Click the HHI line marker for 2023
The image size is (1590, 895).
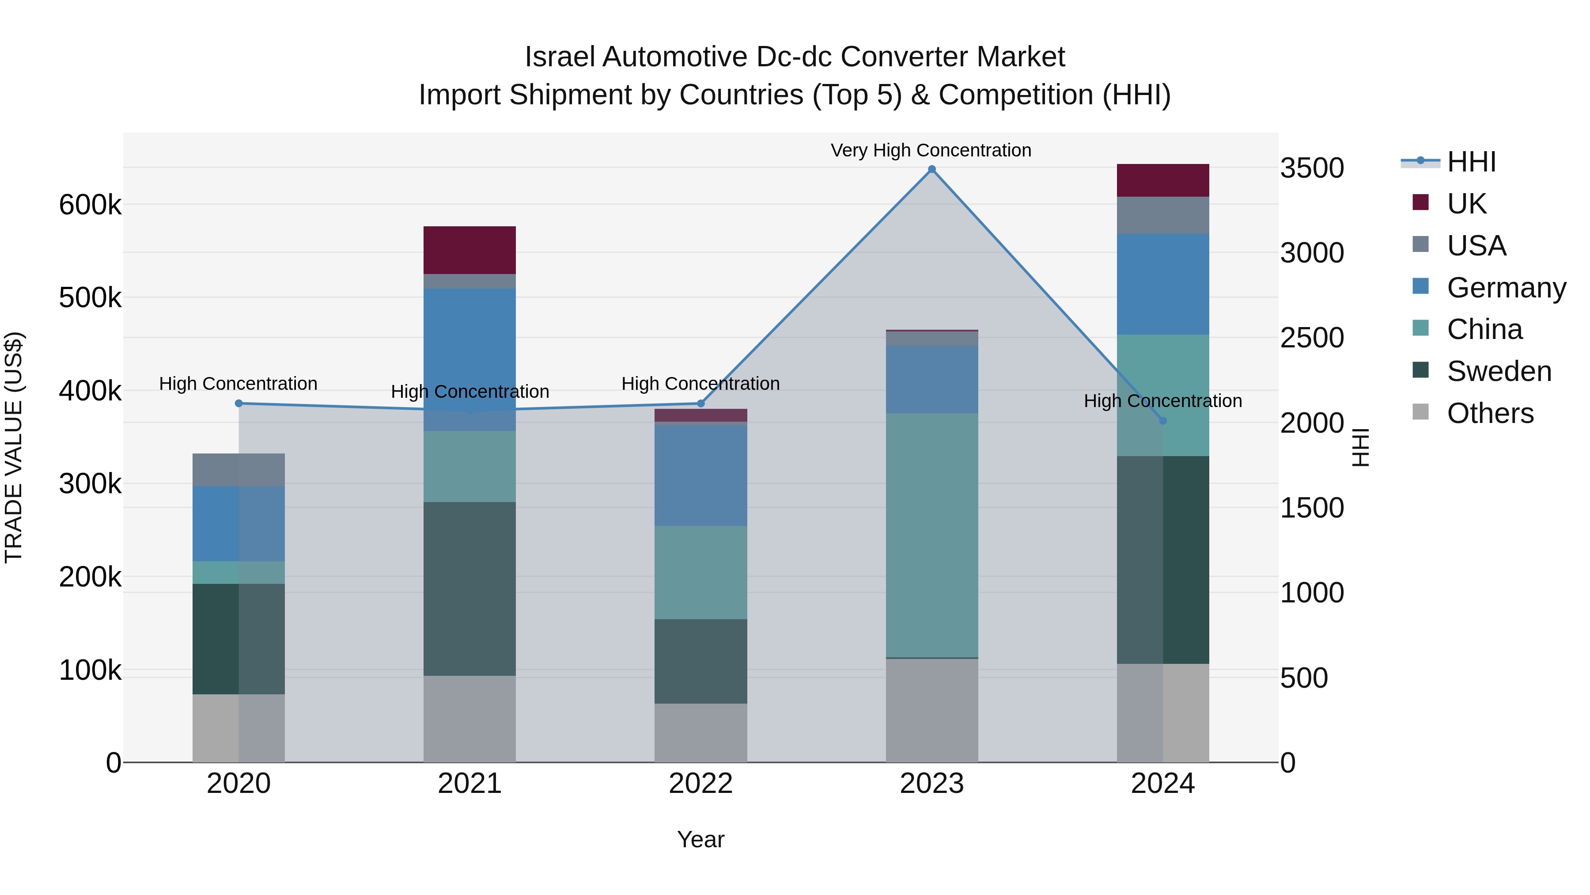coord(931,169)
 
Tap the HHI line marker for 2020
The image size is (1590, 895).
coord(239,404)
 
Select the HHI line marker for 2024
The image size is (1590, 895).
coord(1163,421)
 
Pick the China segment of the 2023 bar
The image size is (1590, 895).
coord(931,535)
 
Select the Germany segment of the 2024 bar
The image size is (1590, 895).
coord(1163,284)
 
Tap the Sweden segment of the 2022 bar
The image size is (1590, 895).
coord(700,661)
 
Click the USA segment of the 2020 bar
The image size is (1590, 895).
coord(239,469)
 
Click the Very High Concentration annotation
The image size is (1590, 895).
coord(931,150)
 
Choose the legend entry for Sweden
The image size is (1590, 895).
coord(1499,371)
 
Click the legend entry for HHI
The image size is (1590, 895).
coord(1471,162)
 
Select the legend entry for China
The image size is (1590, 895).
coord(1484,329)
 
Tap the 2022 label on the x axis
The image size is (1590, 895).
coord(700,784)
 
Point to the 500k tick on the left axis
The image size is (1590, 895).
coord(90,298)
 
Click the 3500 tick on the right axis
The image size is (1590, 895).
coord(1312,168)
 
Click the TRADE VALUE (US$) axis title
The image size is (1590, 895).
coord(14,447)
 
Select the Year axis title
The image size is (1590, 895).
coord(700,839)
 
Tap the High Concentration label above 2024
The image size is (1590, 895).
coord(1163,401)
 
